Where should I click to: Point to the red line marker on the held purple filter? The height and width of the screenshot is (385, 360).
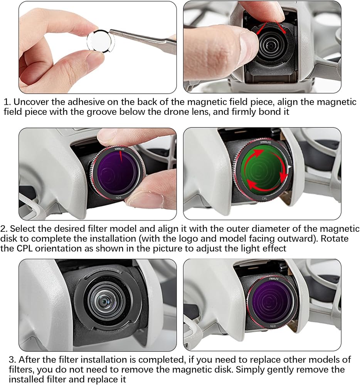121,157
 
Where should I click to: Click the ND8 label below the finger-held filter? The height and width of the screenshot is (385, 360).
118,198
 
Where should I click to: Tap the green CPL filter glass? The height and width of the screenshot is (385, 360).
264,169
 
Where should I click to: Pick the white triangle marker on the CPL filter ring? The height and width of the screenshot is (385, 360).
289,167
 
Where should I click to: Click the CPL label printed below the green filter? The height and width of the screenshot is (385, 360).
264,198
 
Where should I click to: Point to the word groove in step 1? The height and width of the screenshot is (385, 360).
103,112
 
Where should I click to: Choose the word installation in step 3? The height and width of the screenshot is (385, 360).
104,360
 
